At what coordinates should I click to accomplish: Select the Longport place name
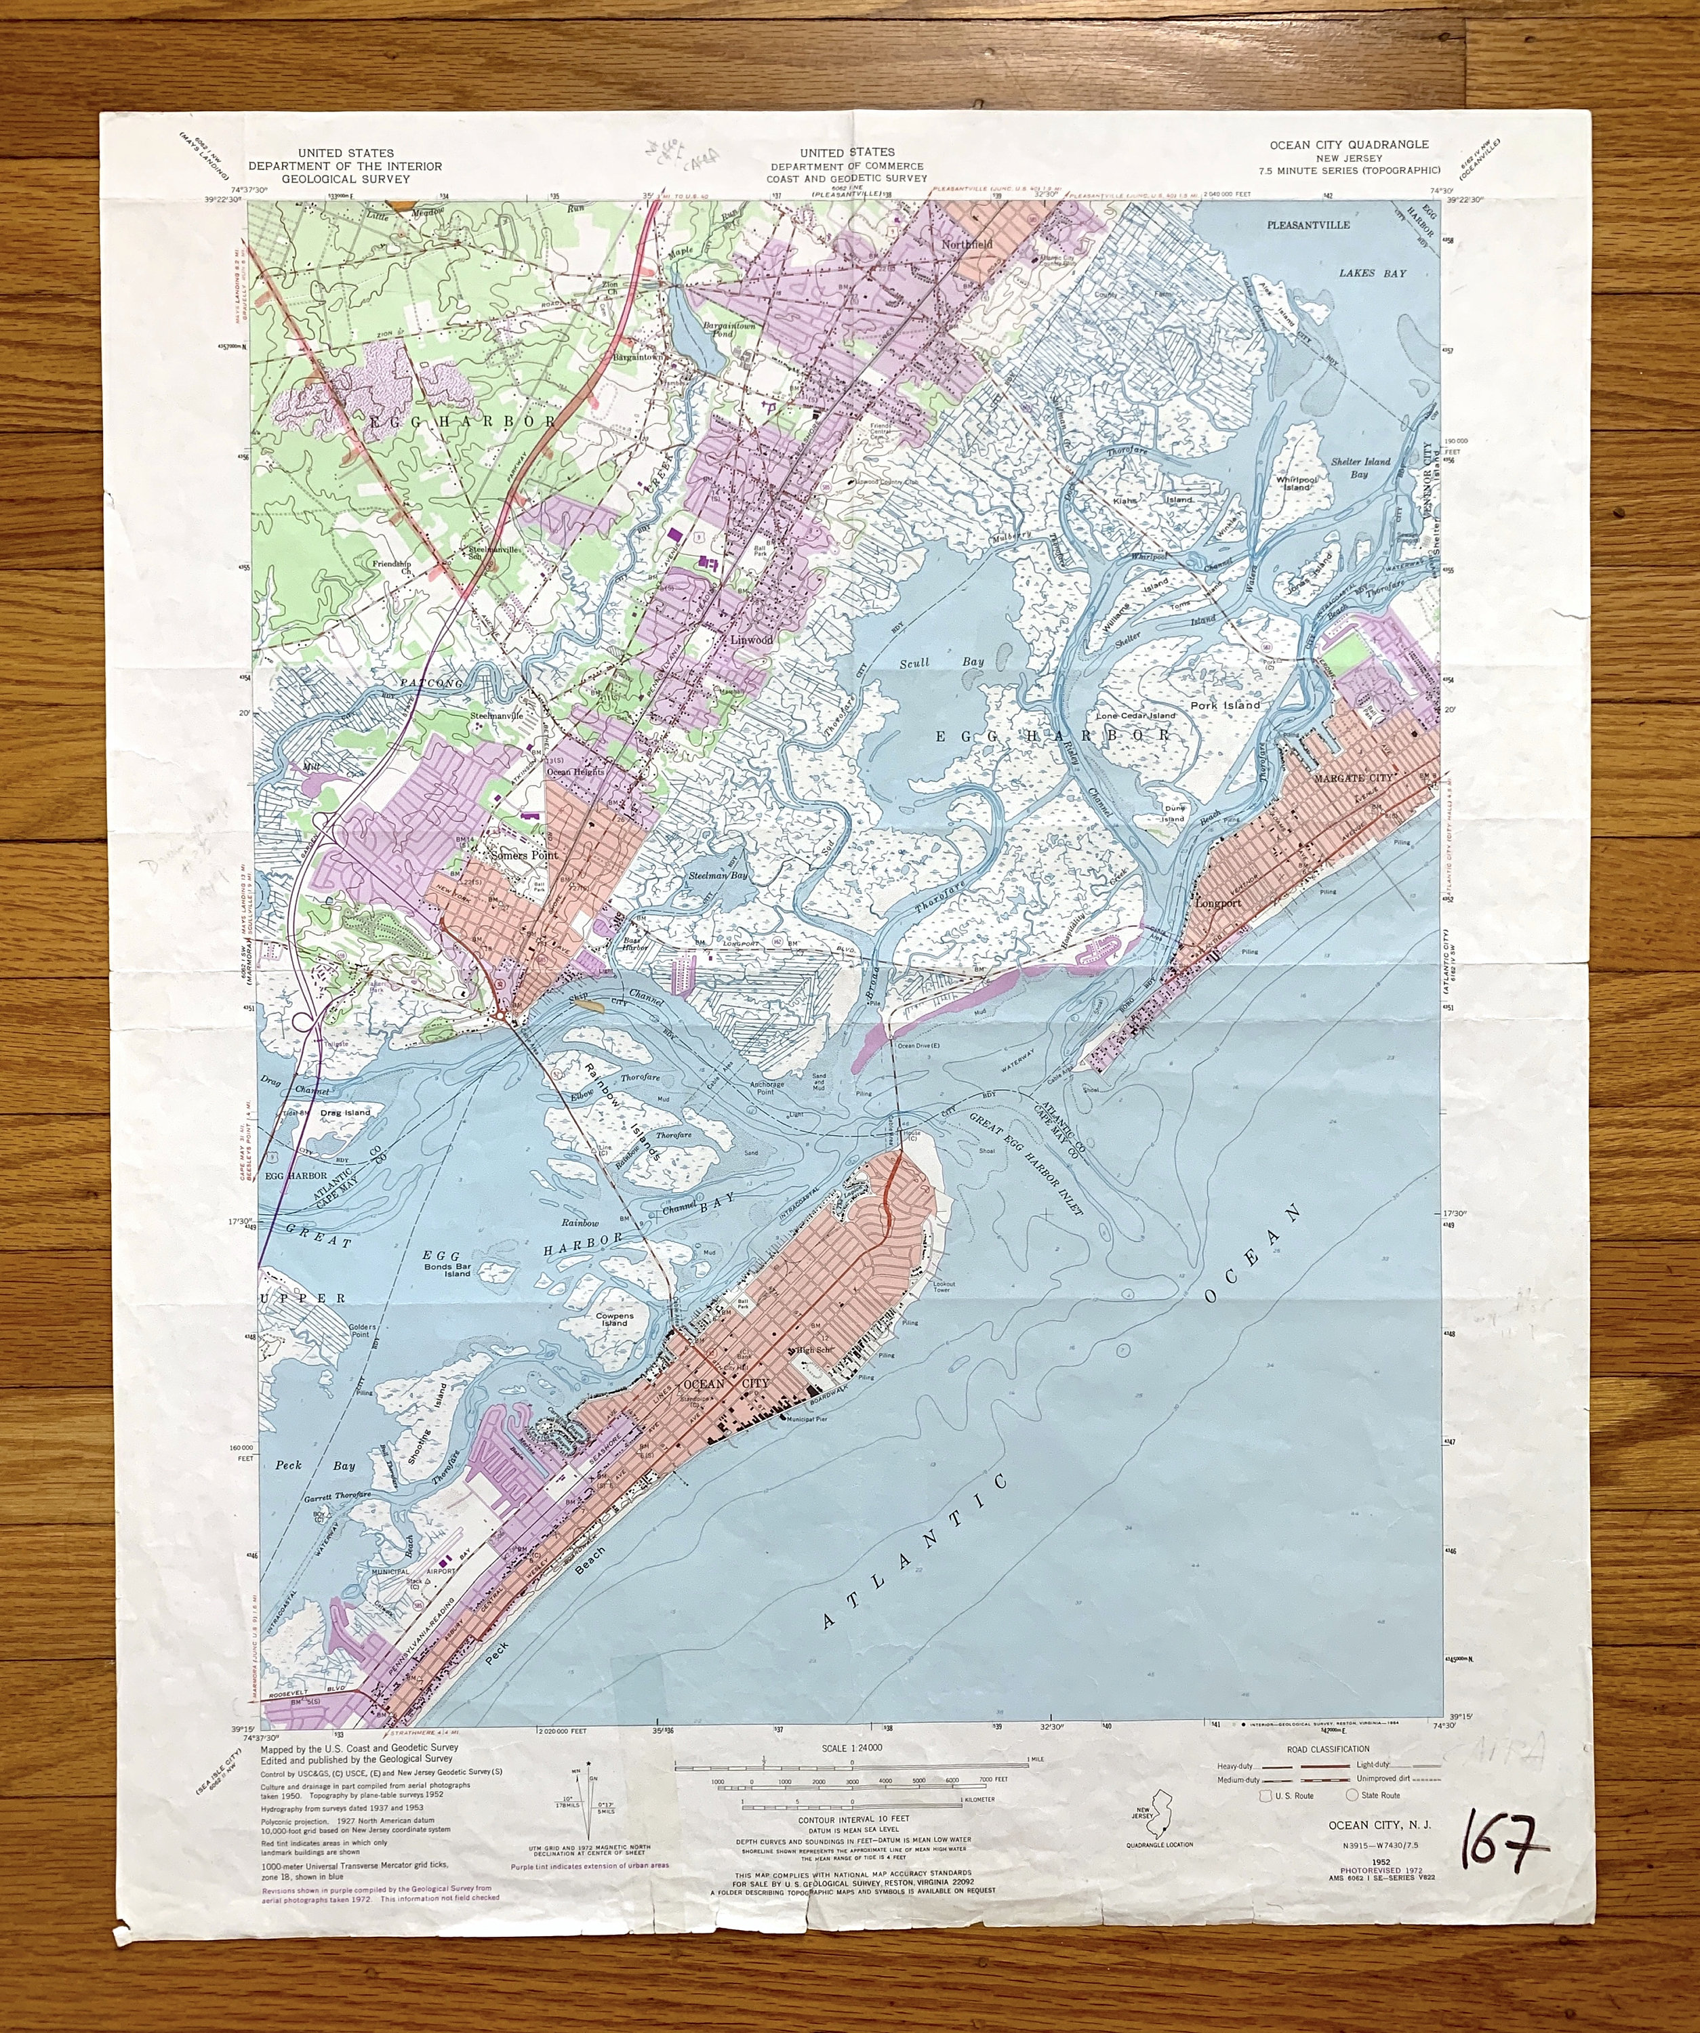pos(1219,903)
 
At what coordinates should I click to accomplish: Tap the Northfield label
pos(968,245)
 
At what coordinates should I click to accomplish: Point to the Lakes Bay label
pos(1372,273)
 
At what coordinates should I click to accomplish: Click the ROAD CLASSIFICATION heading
pos(1329,1748)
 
